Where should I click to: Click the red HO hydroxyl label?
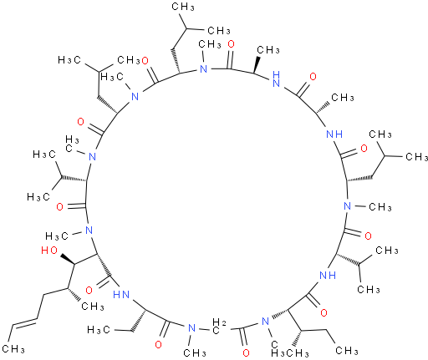pyautogui.click(x=49, y=251)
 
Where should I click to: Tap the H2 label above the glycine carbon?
pyautogui.click(x=219, y=322)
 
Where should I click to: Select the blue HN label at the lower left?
pyautogui.click(x=121, y=294)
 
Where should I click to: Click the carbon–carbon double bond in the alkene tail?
pyautogui.click(x=23, y=322)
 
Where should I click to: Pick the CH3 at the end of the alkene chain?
pyautogui.click(x=13, y=348)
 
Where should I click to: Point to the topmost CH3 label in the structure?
pyautogui.click(x=183, y=7)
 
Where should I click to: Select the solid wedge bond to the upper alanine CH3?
pyautogui.click(x=257, y=64)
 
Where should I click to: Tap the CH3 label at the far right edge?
pyautogui.click(x=416, y=156)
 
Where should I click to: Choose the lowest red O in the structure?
pyautogui.click(x=246, y=352)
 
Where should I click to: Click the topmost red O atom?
pyautogui.click(x=231, y=44)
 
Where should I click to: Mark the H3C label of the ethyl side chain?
pyautogui.click(x=99, y=330)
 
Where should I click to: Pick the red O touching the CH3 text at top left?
pyautogui.click(x=145, y=60)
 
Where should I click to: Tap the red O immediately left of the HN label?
pyautogui.click(x=89, y=291)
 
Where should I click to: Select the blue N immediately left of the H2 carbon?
pyautogui.click(x=191, y=328)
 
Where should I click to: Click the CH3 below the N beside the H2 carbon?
pyautogui.click(x=195, y=352)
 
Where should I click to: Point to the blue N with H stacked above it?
pyautogui.click(x=276, y=79)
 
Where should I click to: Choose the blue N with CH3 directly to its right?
pyautogui.click(x=347, y=206)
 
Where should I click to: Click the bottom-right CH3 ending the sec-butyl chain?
pyautogui.click(x=347, y=350)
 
